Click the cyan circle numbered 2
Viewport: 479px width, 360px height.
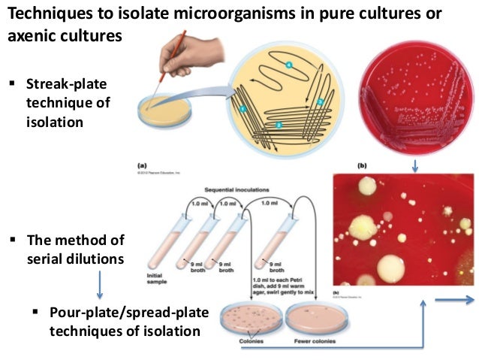coord(243,109)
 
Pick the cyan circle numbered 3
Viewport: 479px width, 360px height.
coord(320,101)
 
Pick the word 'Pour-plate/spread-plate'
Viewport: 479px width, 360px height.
coord(113,313)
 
